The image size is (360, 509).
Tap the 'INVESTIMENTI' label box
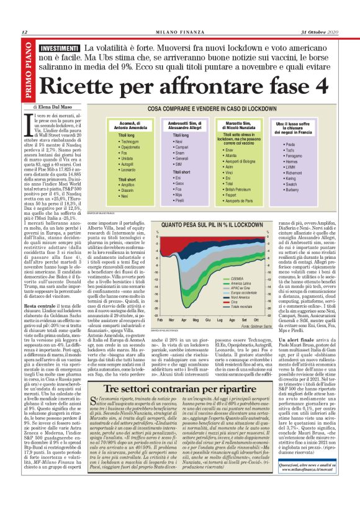(x=60, y=48)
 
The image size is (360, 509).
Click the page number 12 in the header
(x=24, y=32)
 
